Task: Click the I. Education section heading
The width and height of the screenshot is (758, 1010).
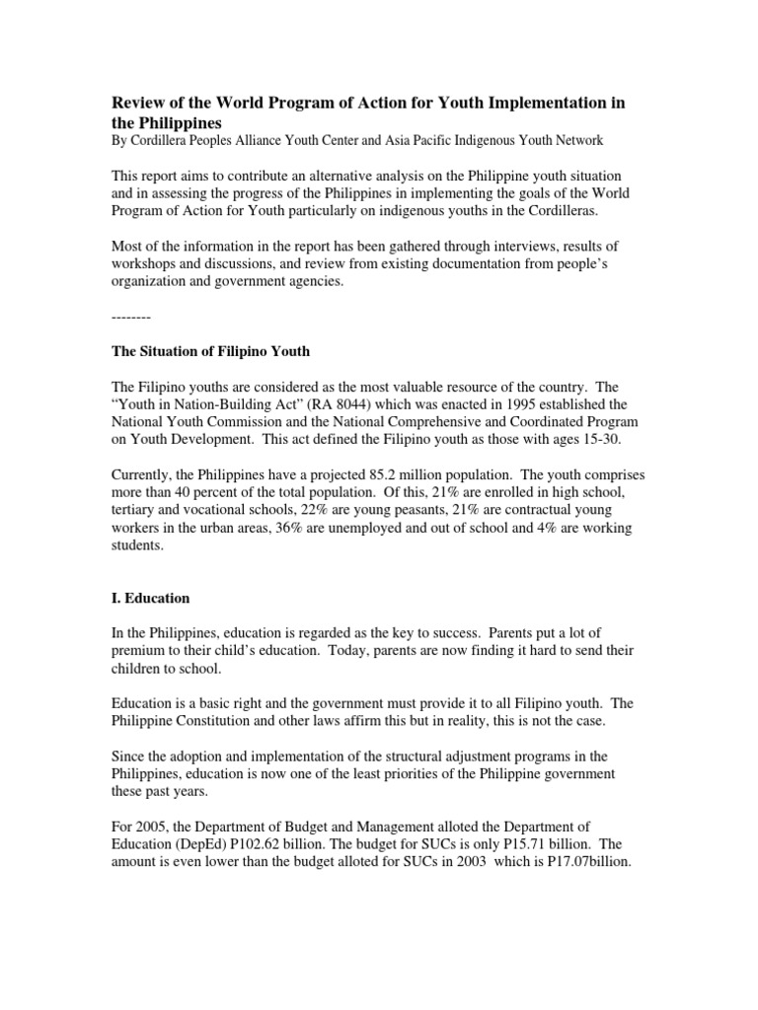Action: (x=148, y=599)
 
